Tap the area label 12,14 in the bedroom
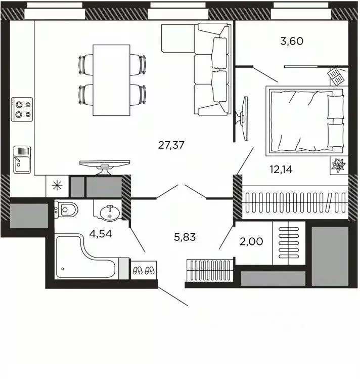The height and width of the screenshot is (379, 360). coord(281,169)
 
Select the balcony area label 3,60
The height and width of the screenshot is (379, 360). coord(292,41)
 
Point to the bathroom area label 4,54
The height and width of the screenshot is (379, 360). coord(100,235)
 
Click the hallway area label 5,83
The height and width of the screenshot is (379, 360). coord(185,236)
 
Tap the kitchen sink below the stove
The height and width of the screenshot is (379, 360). coord(22,160)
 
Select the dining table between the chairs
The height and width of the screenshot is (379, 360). coord(111,79)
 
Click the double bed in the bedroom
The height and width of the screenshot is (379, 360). coord(305,121)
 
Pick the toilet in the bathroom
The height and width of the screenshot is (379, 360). coord(66,208)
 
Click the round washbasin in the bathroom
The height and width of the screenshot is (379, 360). coord(107,213)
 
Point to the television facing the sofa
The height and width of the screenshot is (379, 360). coord(105,165)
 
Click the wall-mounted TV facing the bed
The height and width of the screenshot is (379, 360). coord(244,119)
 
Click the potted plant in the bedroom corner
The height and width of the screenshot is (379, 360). coord(337,165)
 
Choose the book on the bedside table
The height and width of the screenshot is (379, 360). coord(336,76)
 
